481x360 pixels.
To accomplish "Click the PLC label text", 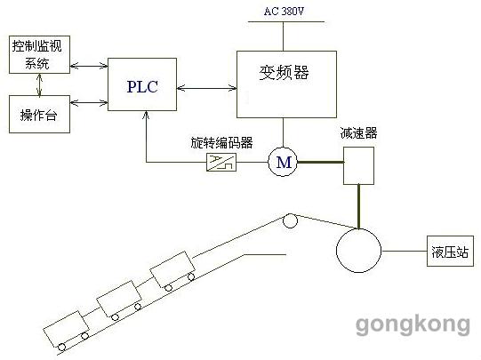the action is [x=142, y=87].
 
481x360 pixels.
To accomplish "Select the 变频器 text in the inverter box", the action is [x=284, y=72].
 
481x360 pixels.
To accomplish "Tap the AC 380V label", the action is [x=284, y=12].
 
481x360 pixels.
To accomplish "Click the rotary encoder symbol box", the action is [x=221, y=162].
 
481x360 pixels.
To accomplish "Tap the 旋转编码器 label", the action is [x=221, y=142].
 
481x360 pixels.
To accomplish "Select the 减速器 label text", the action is [x=358, y=133].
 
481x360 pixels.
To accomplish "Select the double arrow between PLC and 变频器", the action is [x=207, y=88].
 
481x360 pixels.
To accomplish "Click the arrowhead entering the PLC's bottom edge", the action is [x=146, y=115].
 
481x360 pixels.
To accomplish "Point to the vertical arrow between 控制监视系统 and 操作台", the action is [x=39, y=84].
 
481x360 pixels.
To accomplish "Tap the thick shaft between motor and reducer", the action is [x=320, y=162].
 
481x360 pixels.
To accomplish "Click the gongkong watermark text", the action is [x=413, y=324].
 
